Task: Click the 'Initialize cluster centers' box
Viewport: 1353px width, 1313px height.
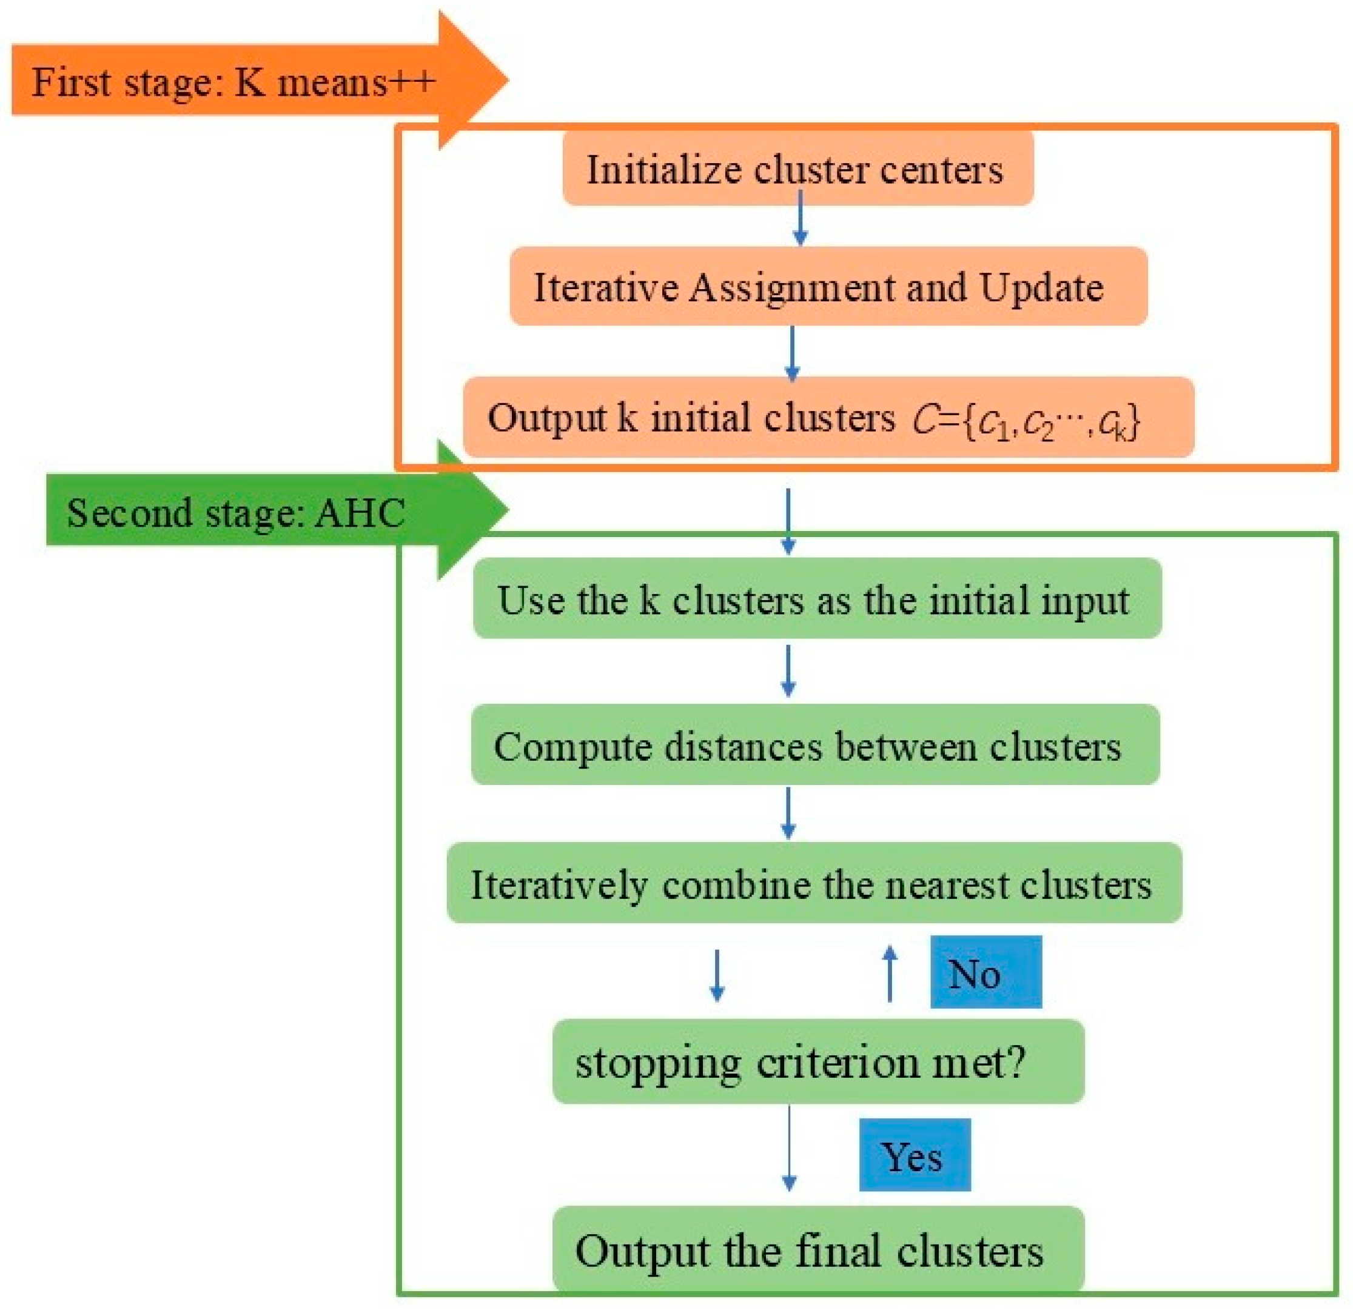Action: coord(797,169)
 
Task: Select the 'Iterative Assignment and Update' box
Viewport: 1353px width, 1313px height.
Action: coord(828,287)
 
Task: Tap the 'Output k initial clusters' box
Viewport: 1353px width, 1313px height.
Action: coord(690,418)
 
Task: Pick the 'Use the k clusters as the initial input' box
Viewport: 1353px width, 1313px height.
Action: coord(817,599)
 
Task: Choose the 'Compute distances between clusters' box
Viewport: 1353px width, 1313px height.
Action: coord(814,745)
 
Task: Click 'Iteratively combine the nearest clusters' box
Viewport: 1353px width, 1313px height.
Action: coord(814,883)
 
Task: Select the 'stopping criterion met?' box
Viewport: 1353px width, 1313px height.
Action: coord(818,1063)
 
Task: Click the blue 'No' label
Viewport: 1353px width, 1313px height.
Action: coord(985,973)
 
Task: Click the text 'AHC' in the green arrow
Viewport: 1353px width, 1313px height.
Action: coord(359,513)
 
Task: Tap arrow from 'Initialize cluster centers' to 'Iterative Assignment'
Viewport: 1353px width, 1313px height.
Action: coord(800,218)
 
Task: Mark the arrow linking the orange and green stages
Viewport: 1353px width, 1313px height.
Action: coord(788,521)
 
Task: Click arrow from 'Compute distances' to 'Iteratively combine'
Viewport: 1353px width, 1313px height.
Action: coord(788,812)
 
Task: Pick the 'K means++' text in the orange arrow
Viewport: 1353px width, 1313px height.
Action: coord(335,82)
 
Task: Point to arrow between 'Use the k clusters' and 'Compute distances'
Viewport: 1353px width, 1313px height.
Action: coord(788,669)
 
